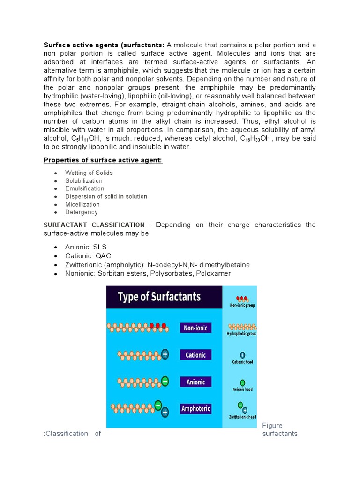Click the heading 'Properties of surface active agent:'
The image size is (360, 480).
tap(103, 160)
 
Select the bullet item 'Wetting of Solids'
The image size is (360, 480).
tap(89, 173)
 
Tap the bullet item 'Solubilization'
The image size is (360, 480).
tap(83, 181)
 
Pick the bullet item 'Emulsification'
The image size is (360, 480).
tap(84, 188)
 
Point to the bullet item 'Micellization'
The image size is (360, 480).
tap(82, 204)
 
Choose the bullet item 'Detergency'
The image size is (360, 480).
tap(81, 212)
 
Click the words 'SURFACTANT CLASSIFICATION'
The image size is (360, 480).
tap(94, 225)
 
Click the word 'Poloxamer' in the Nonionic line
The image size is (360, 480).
tap(213, 273)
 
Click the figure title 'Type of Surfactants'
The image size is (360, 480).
tap(159, 297)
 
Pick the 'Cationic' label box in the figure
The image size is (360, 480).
tap(195, 355)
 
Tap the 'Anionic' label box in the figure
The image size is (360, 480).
tap(195, 382)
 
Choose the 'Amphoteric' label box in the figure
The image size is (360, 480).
tap(195, 409)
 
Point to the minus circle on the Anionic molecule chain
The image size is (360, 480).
tap(165, 382)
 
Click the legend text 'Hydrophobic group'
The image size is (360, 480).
tap(242, 334)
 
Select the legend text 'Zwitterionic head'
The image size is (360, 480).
tap(242, 417)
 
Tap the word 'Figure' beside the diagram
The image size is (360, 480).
tap(272, 426)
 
